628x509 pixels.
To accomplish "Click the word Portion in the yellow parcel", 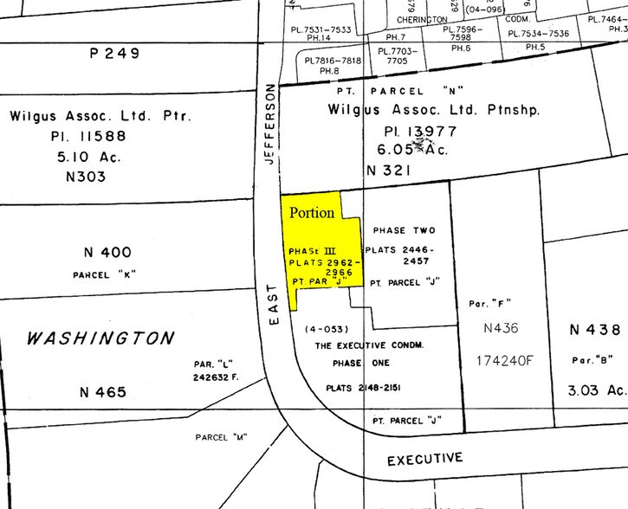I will (312, 212).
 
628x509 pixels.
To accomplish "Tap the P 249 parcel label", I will (115, 54).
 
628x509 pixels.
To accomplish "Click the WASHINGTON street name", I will (100, 338).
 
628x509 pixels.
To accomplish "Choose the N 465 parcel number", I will (103, 392).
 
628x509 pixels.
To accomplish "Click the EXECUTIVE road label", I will (424, 459).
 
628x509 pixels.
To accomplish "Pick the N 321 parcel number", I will (389, 171).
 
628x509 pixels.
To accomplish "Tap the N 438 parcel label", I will (595, 330).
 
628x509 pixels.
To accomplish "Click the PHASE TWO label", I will (403, 230).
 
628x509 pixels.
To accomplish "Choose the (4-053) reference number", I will (325, 329).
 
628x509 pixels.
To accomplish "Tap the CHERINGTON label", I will (422, 19).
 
